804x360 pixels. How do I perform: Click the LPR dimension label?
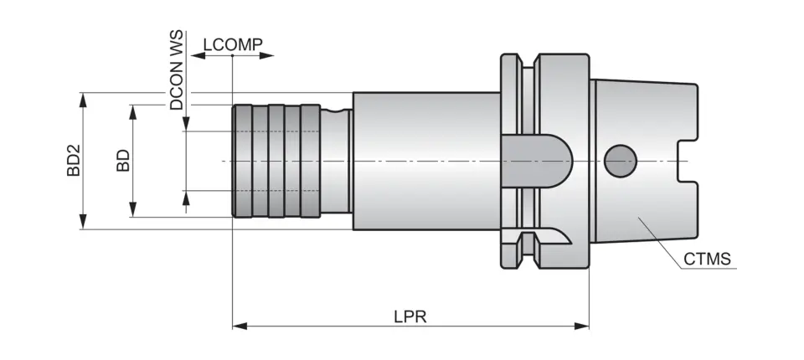[410, 317]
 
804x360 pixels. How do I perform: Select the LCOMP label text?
[233, 44]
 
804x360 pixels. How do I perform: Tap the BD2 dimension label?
[74, 160]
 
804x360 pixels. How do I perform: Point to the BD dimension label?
[123, 161]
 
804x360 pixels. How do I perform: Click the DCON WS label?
[176, 72]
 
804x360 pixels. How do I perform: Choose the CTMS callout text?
[707, 259]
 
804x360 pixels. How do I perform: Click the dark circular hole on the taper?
[620, 160]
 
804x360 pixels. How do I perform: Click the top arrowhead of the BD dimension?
[132, 111]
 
